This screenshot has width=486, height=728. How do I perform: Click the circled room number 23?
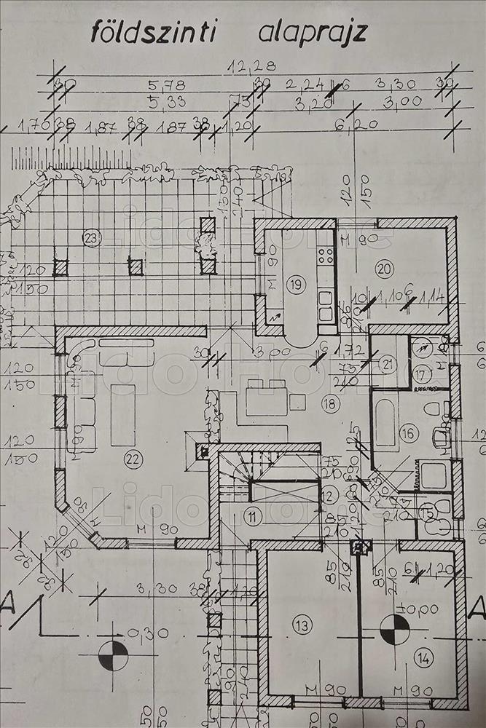pos(91,237)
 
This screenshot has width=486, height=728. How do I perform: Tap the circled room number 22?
pos(133,459)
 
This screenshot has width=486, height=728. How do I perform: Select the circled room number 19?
pos(295,285)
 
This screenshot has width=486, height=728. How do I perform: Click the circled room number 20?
pos(385,269)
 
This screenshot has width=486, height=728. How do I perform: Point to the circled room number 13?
pos(302,624)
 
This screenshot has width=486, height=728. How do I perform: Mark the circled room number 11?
pos(252,518)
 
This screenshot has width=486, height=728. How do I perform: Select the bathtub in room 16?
pos(385,422)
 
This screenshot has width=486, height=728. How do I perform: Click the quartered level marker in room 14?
pos(394,630)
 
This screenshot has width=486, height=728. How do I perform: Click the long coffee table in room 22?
pos(123,415)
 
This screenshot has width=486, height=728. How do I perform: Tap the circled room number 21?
pos(388,363)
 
